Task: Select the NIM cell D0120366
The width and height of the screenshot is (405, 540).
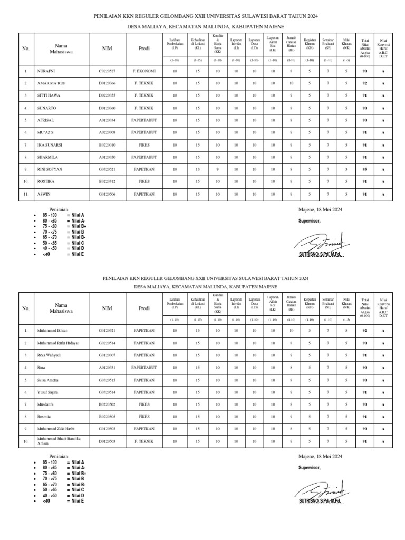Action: (x=107, y=83)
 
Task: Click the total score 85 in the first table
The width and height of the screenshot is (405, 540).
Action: (x=364, y=169)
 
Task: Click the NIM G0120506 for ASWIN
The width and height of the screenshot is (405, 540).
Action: (x=107, y=194)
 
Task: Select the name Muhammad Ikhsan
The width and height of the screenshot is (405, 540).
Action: (x=53, y=331)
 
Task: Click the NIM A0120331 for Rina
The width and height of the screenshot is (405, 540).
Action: (x=107, y=368)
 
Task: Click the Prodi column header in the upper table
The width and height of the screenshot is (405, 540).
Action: (x=144, y=49)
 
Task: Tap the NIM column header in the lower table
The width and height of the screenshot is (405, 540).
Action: (x=107, y=309)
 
